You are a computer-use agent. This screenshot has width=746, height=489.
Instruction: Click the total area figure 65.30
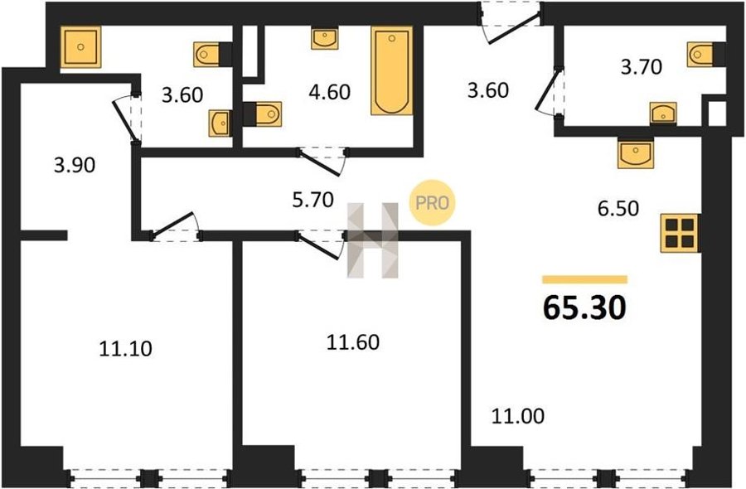coord(584,307)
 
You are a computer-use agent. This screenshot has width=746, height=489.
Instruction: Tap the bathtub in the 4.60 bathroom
coord(391,70)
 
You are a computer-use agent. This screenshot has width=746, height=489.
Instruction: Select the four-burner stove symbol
coord(680,233)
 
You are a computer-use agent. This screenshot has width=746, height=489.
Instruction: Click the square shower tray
coord(81,46)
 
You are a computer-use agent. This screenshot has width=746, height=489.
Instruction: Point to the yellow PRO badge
coord(433,202)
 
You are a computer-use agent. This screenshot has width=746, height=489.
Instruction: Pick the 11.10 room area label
coord(126,349)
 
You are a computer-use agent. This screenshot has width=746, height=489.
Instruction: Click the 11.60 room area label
coord(352,342)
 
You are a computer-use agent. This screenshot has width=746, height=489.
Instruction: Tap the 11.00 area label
coord(517,416)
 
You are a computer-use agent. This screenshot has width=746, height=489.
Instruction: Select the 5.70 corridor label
coord(312,201)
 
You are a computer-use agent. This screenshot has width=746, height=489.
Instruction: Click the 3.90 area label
coord(75,165)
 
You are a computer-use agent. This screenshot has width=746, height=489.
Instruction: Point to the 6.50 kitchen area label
coord(618,208)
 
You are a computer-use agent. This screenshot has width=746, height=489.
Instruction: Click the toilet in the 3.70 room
coord(706,54)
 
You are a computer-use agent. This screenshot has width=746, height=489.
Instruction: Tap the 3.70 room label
coord(642,66)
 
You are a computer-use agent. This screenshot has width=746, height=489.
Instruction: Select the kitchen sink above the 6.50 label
coord(636,153)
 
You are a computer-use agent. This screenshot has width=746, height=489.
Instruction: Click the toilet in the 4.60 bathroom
coord(262,114)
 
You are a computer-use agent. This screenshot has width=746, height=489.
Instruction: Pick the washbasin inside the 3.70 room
coord(663,114)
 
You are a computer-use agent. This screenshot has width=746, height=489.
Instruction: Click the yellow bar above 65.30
coord(584,279)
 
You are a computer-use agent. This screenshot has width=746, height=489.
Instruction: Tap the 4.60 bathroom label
coord(329,92)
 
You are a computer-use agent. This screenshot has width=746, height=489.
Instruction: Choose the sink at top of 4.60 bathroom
coord(324,38)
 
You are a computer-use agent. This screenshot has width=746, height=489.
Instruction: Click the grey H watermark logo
coord(372,240)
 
